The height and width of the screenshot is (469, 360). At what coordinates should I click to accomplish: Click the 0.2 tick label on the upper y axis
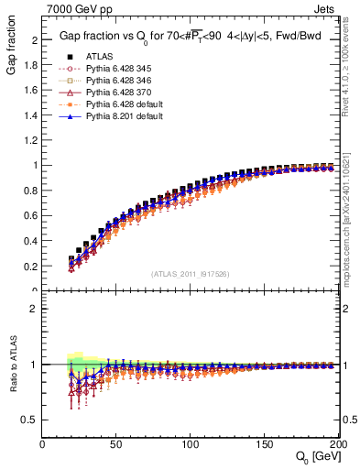tap(31, 266)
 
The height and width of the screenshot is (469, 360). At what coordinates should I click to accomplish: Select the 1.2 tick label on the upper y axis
tap(31, 140)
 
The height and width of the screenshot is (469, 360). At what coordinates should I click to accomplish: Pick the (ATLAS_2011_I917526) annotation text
tap(190, 274)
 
